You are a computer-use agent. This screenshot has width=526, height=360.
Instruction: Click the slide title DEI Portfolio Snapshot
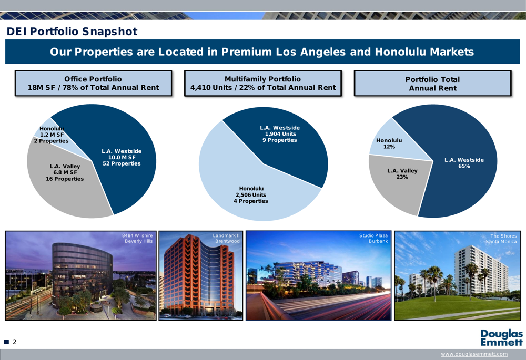72,32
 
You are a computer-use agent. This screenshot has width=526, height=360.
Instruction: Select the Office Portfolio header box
93,83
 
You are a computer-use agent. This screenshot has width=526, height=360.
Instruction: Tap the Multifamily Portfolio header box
262,83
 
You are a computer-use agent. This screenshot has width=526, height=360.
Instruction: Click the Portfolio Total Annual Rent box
432,84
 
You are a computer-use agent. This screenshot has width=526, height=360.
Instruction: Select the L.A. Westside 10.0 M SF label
122,157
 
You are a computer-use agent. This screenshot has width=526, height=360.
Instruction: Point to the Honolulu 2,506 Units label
251,194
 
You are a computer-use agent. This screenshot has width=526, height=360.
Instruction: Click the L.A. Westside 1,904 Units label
280,133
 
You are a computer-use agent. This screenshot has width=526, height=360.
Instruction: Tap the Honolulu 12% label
389,143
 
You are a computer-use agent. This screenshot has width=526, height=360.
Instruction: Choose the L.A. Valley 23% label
402,173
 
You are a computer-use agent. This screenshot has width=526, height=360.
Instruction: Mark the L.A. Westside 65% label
464,163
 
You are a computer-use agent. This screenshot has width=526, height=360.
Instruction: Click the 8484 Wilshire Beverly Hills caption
137,238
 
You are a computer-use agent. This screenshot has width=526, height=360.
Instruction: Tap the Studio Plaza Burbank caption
373,238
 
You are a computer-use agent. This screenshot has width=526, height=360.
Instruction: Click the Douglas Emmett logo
501,338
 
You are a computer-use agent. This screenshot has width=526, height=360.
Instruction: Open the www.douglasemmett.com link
474,354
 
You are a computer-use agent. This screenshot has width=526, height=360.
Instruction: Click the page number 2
15,342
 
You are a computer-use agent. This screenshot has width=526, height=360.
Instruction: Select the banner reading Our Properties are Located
262,52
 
